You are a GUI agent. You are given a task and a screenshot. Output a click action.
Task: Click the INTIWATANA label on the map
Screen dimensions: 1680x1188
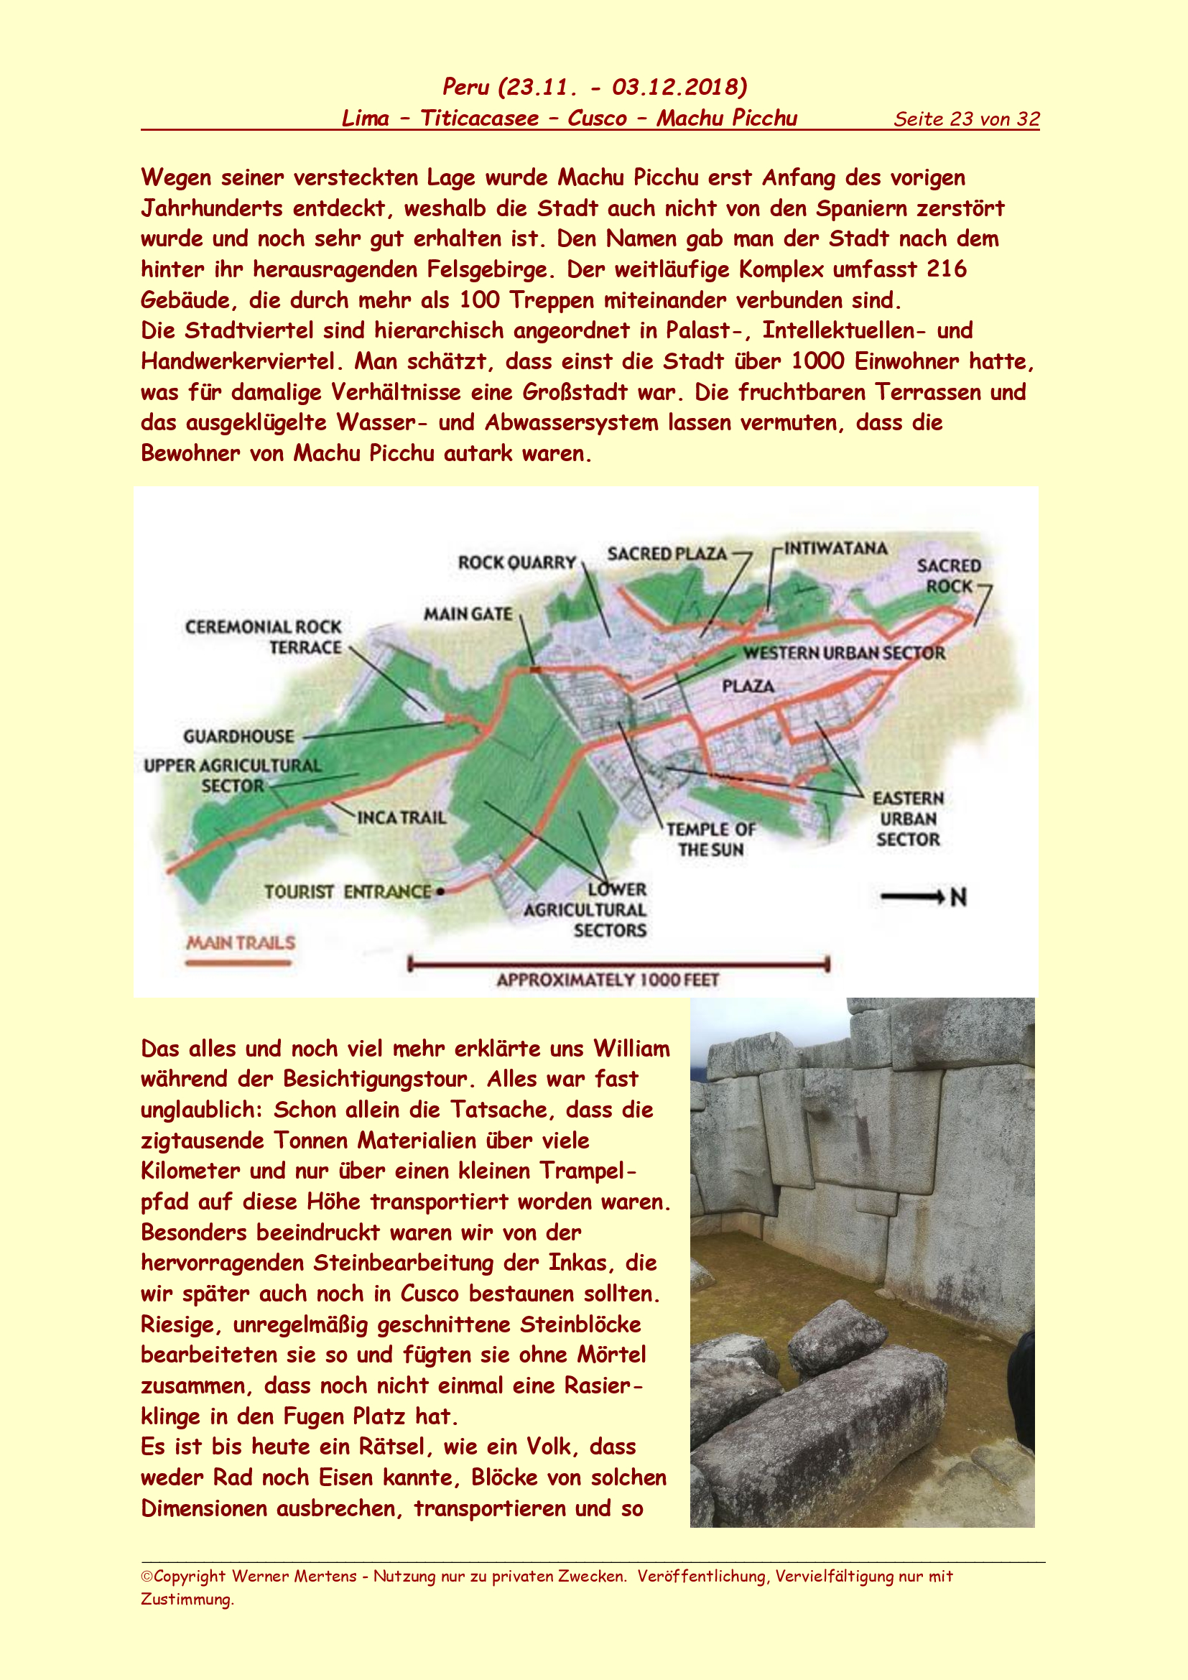tap(835, 548)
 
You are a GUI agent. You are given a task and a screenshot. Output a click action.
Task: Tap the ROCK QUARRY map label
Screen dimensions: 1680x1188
tap(516, 562)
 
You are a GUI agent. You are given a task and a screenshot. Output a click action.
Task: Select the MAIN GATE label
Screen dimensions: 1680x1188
tap(468, 614)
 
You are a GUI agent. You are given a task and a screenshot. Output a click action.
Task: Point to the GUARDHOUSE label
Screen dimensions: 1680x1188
tap(238, 736)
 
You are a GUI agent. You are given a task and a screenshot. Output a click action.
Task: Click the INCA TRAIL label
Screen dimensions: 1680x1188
tap(402, 817)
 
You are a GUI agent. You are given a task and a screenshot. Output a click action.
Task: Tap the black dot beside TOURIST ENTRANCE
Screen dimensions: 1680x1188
tap(440, 891)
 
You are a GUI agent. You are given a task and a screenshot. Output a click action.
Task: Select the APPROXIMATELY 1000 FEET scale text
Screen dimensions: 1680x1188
tap(608, 980)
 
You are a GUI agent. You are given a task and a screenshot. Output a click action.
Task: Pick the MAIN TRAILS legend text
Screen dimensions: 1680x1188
tap(241, 942)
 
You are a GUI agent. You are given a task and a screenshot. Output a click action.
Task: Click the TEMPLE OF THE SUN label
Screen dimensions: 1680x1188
tap(710, 839)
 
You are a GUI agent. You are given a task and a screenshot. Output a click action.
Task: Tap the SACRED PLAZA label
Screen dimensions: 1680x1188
tap(667, 554)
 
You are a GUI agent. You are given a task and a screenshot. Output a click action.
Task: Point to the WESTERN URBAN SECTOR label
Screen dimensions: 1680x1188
tap(844, 653)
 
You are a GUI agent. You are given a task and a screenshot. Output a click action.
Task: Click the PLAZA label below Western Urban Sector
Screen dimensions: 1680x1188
tap(748, 686)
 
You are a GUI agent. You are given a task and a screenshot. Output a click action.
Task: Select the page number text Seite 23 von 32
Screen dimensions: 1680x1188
tap(965, 119)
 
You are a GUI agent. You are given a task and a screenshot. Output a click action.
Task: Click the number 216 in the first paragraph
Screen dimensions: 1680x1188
tap(947, 269)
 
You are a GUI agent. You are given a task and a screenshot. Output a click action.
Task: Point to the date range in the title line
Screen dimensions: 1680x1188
tap(622, 87)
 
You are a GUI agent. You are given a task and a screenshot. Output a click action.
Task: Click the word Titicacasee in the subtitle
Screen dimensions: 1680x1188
tap(479, 119)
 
